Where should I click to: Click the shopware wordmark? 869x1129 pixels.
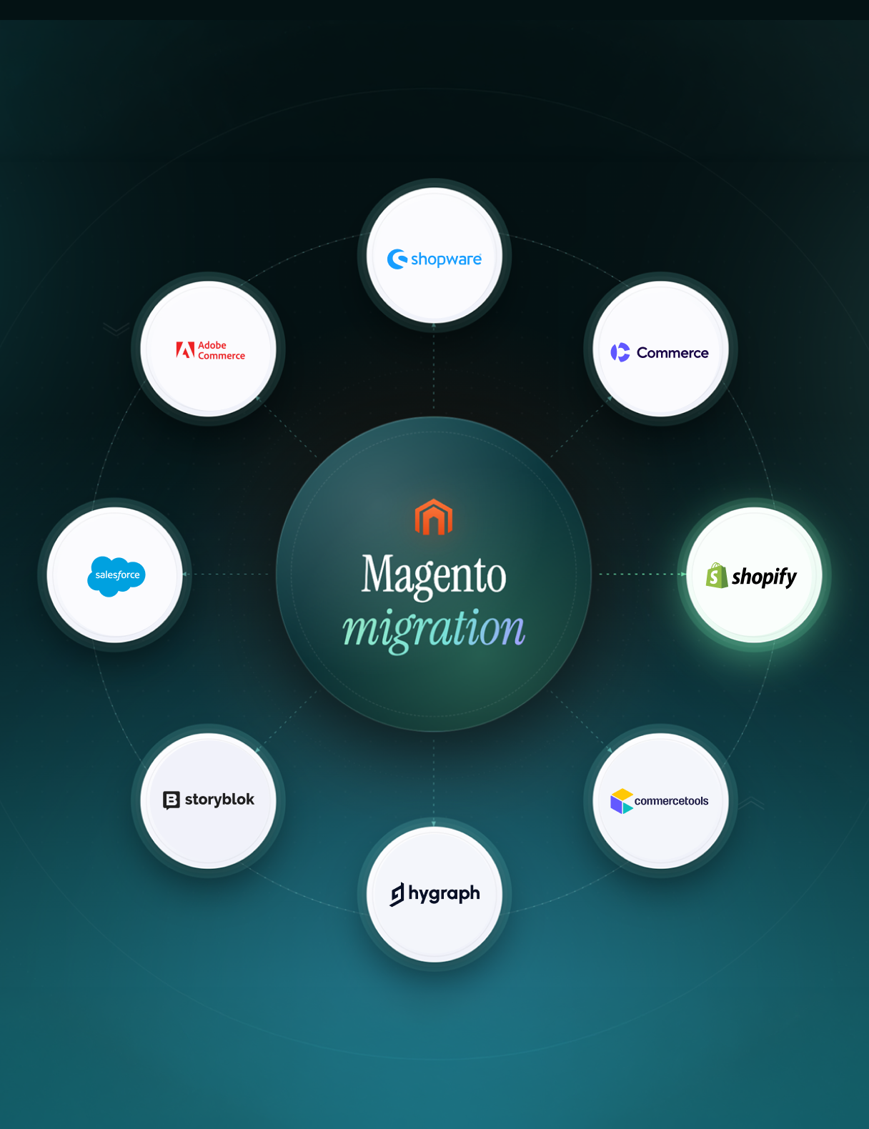[x=446, y=259]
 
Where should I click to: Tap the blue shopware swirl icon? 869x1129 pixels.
[x=397, y=259]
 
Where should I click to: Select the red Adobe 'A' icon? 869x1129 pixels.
[x=185, y=349]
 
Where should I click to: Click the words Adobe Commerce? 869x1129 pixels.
[x=222, y=350]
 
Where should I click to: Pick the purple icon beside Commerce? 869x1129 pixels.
[x=620, y=352]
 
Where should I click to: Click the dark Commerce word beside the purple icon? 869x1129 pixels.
[x=672, y=353]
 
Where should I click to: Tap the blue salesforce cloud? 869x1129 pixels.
[x=116, y=576]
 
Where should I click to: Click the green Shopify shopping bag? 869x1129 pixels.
[x=717, y=575]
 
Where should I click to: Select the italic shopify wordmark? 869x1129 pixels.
[x=764, y=577]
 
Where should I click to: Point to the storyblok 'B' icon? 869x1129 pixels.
[x=172, y=800]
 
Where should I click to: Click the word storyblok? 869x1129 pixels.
[x=219, y=799]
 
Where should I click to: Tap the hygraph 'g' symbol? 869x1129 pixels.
[x=397, y=894]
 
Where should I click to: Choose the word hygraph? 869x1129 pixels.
[x=444, y=894]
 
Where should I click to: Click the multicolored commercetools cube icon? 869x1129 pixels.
[x=622, y=800]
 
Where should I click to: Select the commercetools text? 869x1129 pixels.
[x=671, y=800]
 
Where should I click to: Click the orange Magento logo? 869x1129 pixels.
[x=434, y=517]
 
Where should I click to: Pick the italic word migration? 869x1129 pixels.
[x=434, y=630]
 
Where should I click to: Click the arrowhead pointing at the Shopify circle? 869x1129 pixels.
[x=683, y=574]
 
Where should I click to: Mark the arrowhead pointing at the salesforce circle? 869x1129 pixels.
[x=185, y=574]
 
